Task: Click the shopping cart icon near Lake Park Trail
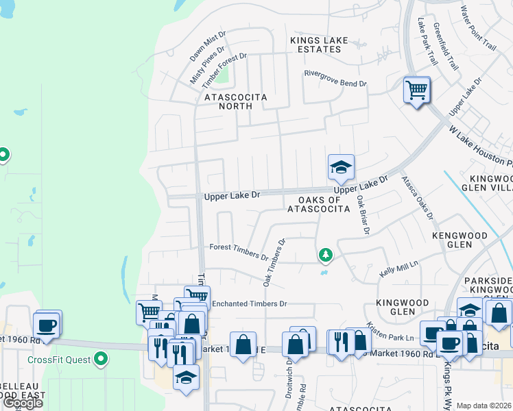(x=416, y=90)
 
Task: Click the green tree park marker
(x=325, y=256)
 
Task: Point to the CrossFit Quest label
(x=59, y=359)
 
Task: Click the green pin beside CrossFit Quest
(x=102, y=358)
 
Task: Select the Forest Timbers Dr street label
(x=239, y=251)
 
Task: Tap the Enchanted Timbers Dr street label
(x=249, y=303)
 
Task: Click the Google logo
(x=23, y=403)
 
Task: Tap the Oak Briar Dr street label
(x=363, y=214)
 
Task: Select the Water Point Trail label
(x=477, y=28)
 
